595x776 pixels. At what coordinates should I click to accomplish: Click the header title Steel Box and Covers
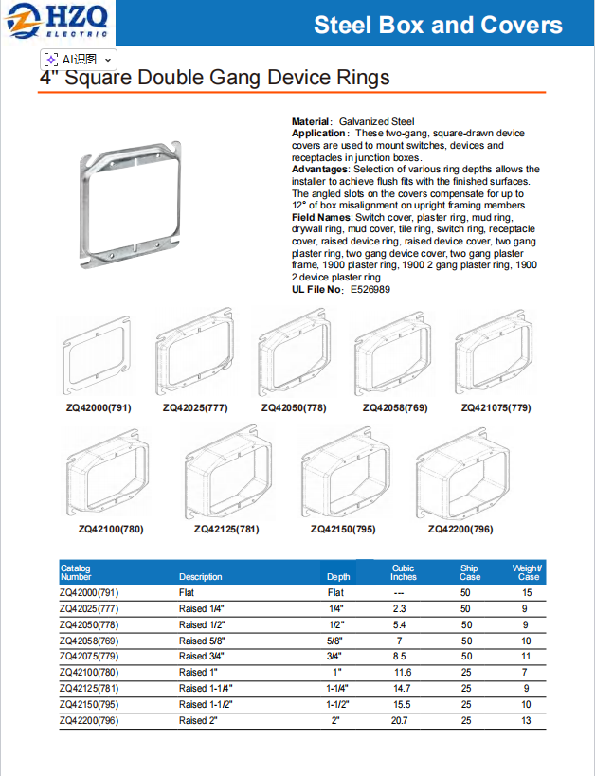438,25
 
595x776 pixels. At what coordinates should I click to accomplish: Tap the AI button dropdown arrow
108,59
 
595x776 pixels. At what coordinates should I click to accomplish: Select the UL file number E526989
370,289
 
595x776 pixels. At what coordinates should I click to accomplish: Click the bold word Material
311,122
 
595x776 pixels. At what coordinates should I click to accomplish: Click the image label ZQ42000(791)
99,408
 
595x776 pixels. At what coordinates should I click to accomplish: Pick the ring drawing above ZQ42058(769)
395,357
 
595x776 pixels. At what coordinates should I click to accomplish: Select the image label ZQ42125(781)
226,529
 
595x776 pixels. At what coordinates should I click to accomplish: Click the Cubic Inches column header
404,572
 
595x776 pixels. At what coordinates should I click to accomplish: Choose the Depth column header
338,576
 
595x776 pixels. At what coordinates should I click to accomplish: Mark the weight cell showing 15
527,592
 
